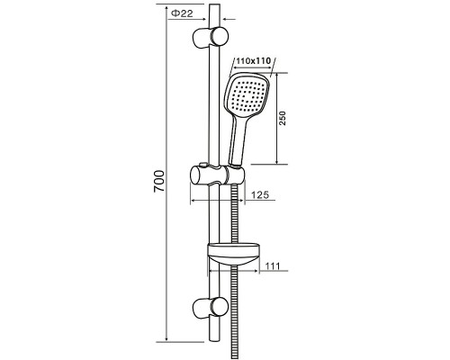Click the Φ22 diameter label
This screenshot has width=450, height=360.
(182, 13)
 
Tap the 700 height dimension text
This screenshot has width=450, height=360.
(159, 181)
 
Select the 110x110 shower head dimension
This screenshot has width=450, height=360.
(254, 61)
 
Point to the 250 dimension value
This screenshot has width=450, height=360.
(283, 118)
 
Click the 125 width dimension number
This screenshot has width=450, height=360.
(260, 194)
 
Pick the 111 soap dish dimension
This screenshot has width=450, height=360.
(273, 265)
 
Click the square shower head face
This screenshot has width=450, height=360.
(247, 95)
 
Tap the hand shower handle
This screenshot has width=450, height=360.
(238, 141)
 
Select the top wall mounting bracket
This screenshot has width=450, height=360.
(211, 37)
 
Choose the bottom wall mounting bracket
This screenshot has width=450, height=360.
(211, 309)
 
